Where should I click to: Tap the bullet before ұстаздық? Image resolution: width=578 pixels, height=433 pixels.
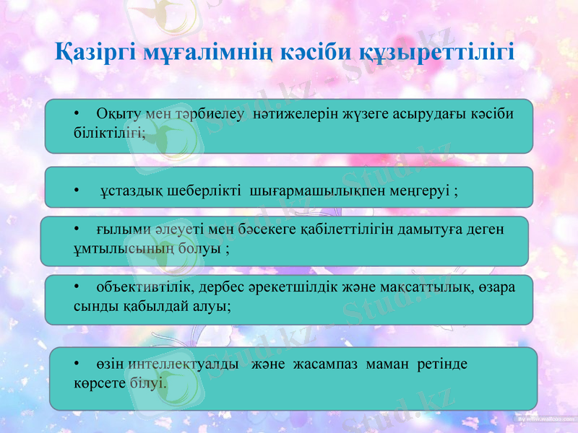pos(77,191)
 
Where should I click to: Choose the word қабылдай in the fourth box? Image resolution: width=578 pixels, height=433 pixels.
pos(166,306)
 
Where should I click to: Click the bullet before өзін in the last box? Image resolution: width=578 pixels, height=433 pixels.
pos(77,364)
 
